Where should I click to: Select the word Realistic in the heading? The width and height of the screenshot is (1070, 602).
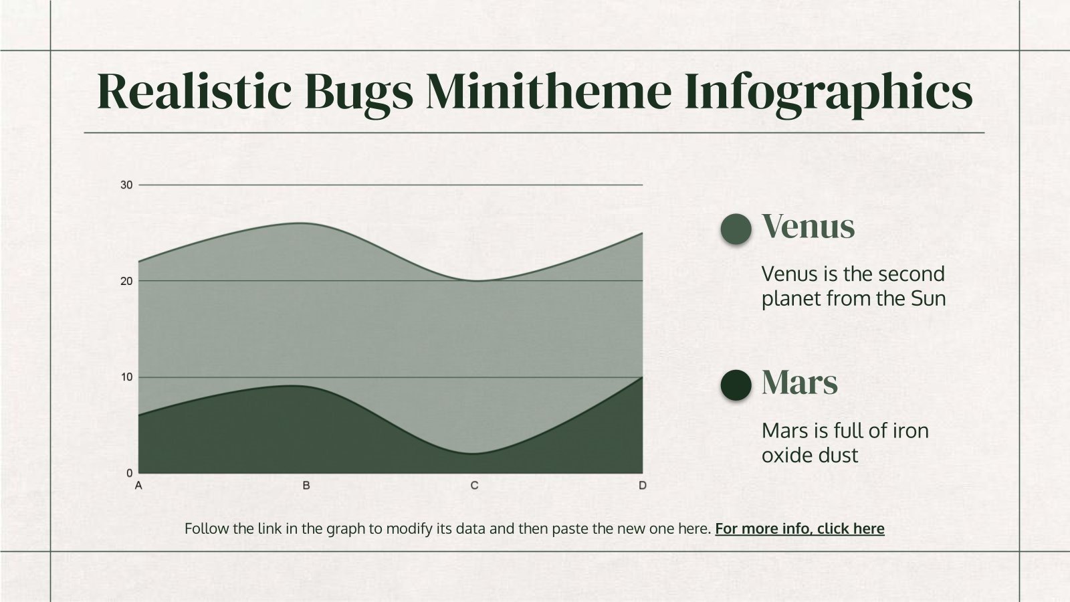point(194,92)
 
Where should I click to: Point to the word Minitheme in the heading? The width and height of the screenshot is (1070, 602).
point(549,92)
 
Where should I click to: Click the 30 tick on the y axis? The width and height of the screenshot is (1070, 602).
point(126,185)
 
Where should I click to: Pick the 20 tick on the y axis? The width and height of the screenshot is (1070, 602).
point(126,281)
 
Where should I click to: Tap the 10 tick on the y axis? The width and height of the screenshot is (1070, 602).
point(126,377)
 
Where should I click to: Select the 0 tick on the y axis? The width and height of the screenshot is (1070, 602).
point(129,474)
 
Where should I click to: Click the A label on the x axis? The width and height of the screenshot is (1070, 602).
point(138,486)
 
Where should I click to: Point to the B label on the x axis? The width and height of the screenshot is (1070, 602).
point(306,486)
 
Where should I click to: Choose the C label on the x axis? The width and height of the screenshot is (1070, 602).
point(474,486)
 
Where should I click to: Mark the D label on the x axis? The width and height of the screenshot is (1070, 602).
point(643,486)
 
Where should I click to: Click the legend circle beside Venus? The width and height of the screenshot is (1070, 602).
point(736,228)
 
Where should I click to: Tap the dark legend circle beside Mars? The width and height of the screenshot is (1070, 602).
point(736,385)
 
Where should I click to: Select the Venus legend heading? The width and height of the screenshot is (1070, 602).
point(808,226)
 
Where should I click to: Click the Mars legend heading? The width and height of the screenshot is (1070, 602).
point(799,383)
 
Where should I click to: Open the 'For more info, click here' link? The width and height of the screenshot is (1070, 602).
point(799,528)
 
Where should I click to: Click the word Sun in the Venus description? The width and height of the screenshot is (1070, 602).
point(928,298)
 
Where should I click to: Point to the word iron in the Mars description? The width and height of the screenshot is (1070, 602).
point(910,431)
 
